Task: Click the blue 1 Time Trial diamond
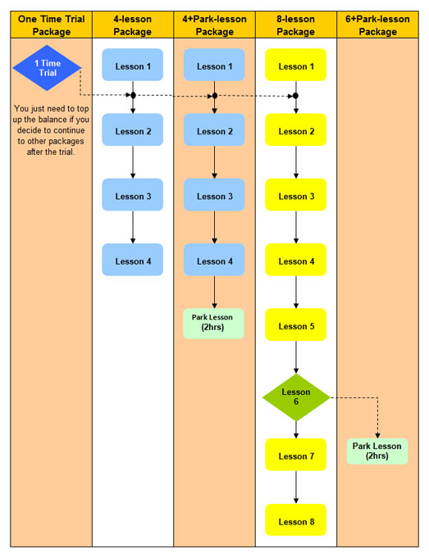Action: [x=47, y=68]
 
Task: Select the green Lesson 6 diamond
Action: [x=296, y=397]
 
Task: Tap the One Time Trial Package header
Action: [x=52, y=25]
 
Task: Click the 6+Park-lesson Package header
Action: [x=377, y=25]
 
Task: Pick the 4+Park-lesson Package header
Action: [x=215, y=25]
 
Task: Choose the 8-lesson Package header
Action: [x=296, y=25]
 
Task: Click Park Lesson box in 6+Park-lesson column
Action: [x=377, y=451]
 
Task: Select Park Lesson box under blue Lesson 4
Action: [x=213, y=324]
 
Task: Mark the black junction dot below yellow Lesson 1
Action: [x=296, y=96]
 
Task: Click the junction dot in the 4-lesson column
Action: [x=133, y=95]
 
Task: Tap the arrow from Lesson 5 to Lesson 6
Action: [x=296, y=357]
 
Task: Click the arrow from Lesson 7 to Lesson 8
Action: [x=296, y=487]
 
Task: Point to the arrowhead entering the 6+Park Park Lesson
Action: [x=377, y=436]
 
